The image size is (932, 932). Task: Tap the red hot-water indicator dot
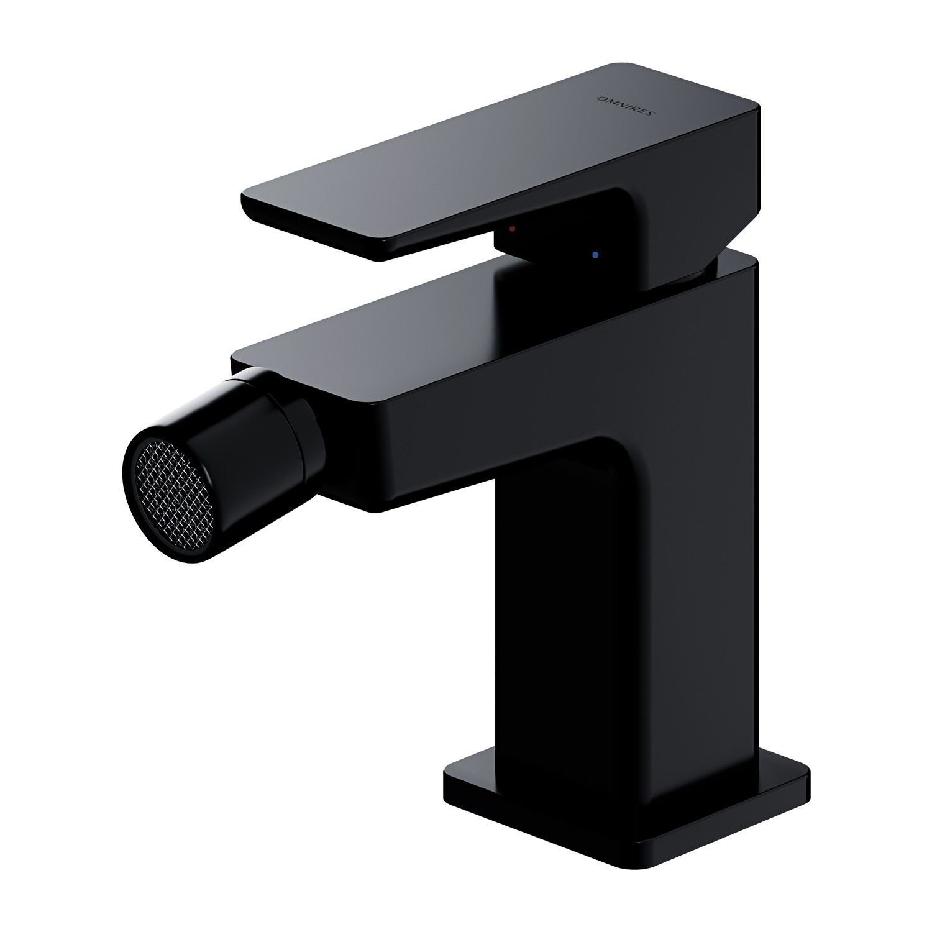pyautogui.click(x=511, y=229)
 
